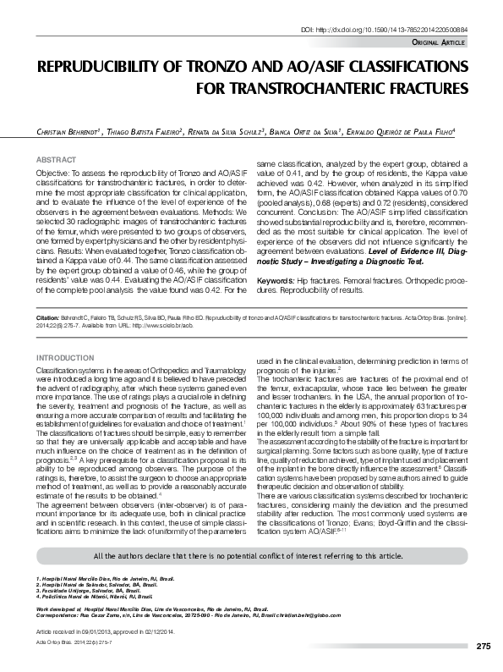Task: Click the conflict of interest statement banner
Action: (x=251, y=555)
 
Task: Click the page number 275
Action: (x=483, y=647)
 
